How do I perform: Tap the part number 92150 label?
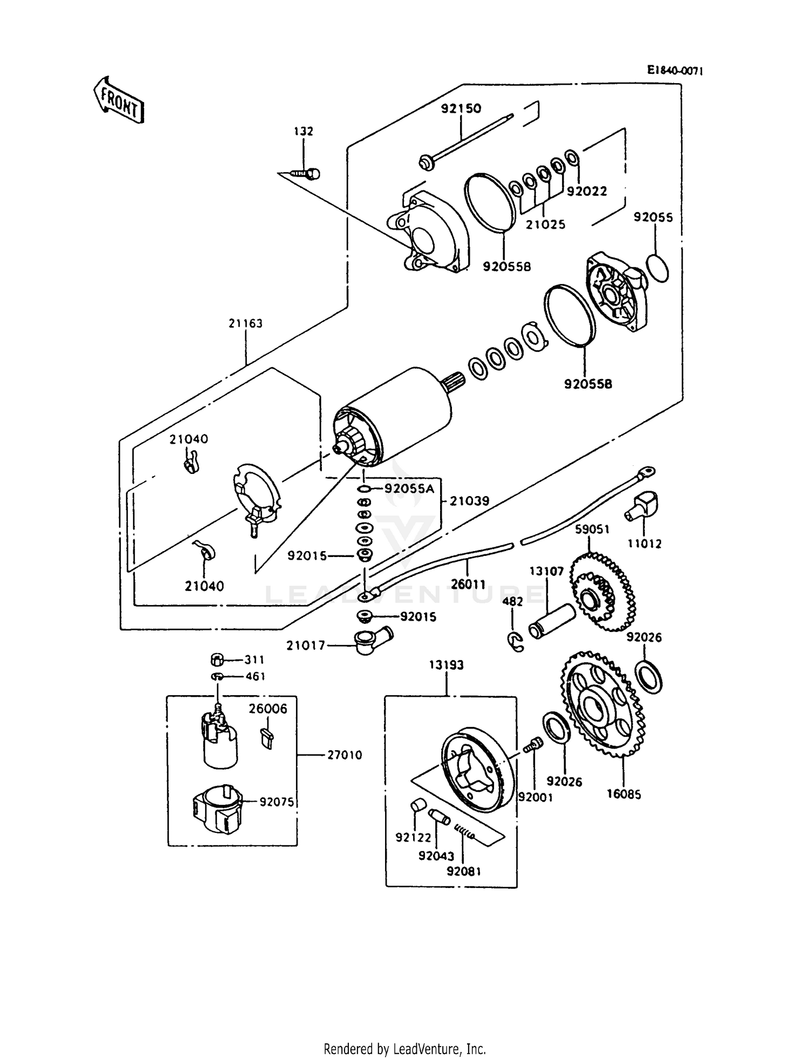click(x=461, y=108)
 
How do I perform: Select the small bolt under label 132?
click(x=306, y=173)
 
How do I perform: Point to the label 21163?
click(x=245, y=323)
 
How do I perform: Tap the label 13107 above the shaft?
click(x=546, y=571)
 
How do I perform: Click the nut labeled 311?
click(x=217, y=660)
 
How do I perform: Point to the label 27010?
click(x=345, y=755)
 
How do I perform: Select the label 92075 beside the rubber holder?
click(x=276, y=802)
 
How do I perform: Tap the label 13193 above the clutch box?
click(x=446, y=666)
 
